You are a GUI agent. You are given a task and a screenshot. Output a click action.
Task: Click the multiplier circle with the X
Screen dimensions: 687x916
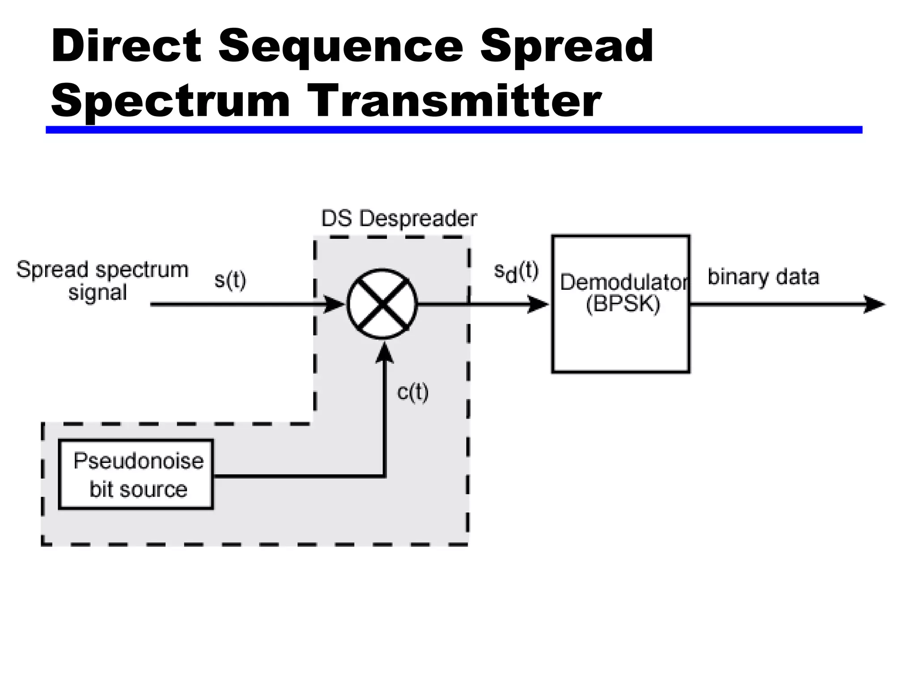pos(382,304)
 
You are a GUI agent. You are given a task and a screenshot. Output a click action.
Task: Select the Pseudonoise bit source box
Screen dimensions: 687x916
pos(136,475)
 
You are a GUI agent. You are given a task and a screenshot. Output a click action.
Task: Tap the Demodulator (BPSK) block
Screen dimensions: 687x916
pos(620,340)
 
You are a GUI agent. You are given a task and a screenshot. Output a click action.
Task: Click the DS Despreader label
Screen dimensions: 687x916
pos(399,219)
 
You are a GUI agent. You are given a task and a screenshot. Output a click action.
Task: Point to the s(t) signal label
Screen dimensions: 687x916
pos(230,280)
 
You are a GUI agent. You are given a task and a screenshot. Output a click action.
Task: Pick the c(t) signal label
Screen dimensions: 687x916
pos(412,392)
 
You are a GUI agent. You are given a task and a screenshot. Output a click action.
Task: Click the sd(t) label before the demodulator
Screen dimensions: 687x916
pos(516,272)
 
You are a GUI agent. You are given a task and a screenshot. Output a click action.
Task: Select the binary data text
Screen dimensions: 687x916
pos(763,277)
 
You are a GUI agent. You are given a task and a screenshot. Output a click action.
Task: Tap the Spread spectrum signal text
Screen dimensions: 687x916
pos(102,281)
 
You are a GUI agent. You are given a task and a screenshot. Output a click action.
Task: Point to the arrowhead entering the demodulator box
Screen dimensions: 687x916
pos(538,304)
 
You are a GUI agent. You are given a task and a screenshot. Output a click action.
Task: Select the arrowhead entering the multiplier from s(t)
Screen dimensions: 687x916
pos(333,304)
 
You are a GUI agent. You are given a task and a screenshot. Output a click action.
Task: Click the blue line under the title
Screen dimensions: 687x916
pos(454,130)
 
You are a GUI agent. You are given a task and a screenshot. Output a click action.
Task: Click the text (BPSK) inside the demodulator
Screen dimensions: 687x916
pos(623,305)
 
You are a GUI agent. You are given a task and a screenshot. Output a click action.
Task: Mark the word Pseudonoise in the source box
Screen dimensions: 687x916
pos(138,461)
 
